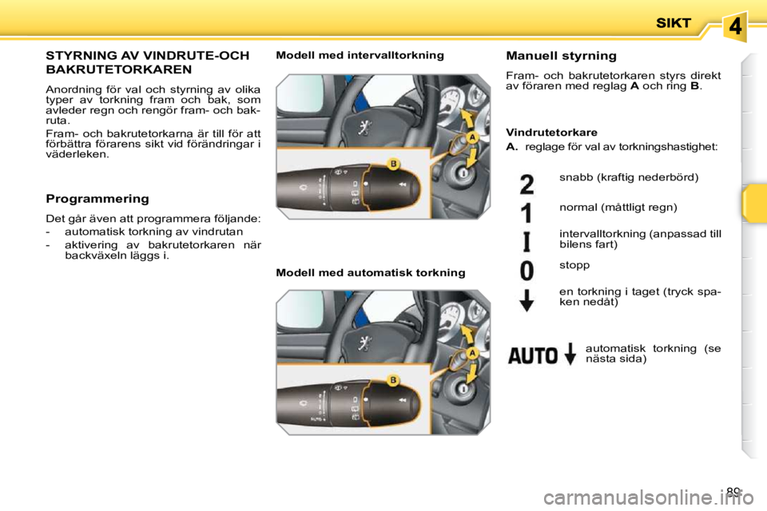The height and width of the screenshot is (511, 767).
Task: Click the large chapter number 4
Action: pyautogui.click(x=736, y=26)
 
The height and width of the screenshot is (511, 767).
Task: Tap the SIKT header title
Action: pyautogui.click(x=674, y=24)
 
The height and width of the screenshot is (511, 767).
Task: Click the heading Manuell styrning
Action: pyautogui.click(x=561, y=56)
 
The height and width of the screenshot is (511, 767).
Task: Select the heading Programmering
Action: pyautogui.click(x=97, y=198)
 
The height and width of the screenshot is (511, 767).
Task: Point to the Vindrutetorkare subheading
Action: pyautogui.click(x=551, y=132)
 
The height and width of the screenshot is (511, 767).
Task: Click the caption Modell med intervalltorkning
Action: pyautogui.click(x=360, y=55)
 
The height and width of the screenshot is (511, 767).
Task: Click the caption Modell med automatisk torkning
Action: pyautogui.click(x=370, y=273)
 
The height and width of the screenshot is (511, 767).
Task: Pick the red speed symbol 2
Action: pyautogui.click(x=527, y=184)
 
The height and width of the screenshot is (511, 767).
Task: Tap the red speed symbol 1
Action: pyautogui.click(x=527, y=213)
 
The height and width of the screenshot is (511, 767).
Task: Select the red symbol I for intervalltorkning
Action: pyautogui.click(x=527, y=241)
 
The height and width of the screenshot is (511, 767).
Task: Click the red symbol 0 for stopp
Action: pyautogui.click(x=527, y=270)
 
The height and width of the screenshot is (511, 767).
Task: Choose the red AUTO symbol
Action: pyautogui.click(x=534, y=355)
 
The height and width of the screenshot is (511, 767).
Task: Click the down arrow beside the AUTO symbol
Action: pyautogui.click(x=570, y=354)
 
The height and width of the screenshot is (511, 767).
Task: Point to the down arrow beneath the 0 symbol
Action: pyautogui.click(x=527, y=300)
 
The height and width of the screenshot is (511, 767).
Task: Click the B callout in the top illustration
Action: pyautogui.click(x=393, y=164)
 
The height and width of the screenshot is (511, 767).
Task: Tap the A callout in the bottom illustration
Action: pyautogui.click(x=473, y=352)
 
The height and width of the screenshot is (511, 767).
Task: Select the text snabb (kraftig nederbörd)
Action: pyautogui.click(x=629, y=176)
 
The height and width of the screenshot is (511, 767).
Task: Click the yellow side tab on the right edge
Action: pyautogui.click(x=753, y=203)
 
